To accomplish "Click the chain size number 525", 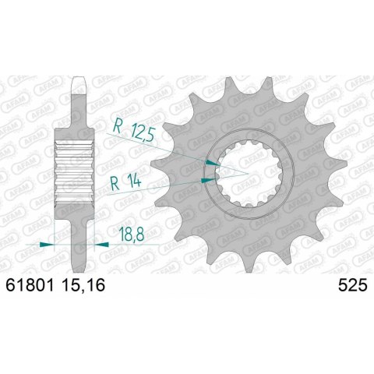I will (x=350, y=288).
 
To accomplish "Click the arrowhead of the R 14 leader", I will (x=206, y=178).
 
